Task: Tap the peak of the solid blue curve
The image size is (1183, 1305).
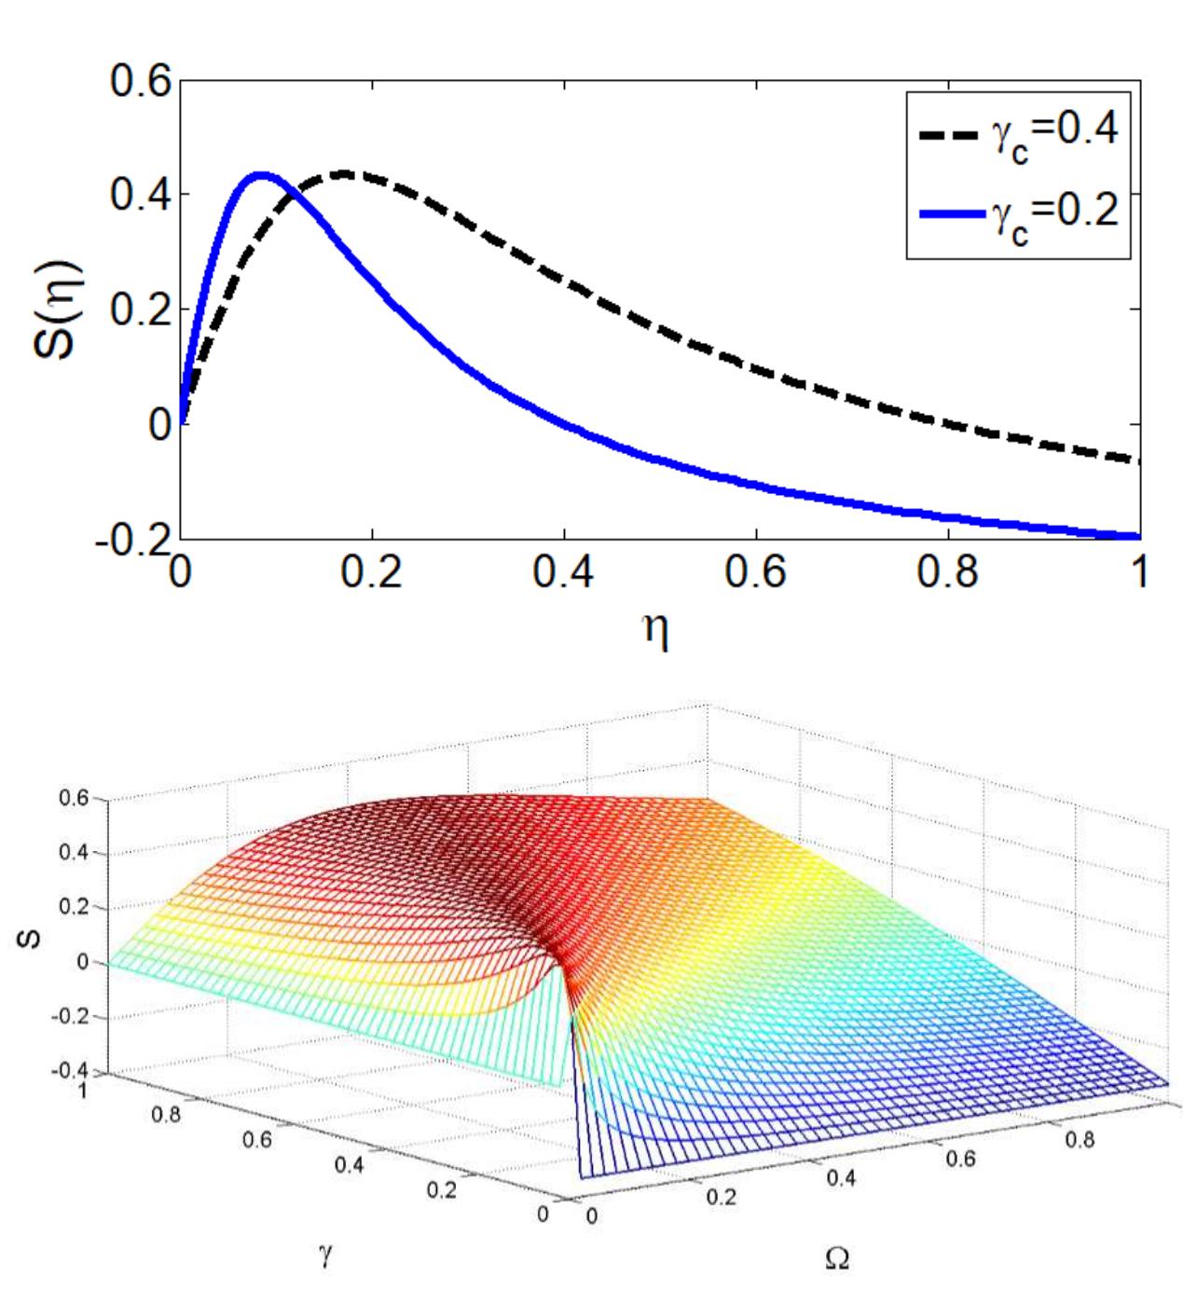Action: [x=260, y=175]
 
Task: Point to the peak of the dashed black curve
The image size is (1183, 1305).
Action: [x=345, y=174]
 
